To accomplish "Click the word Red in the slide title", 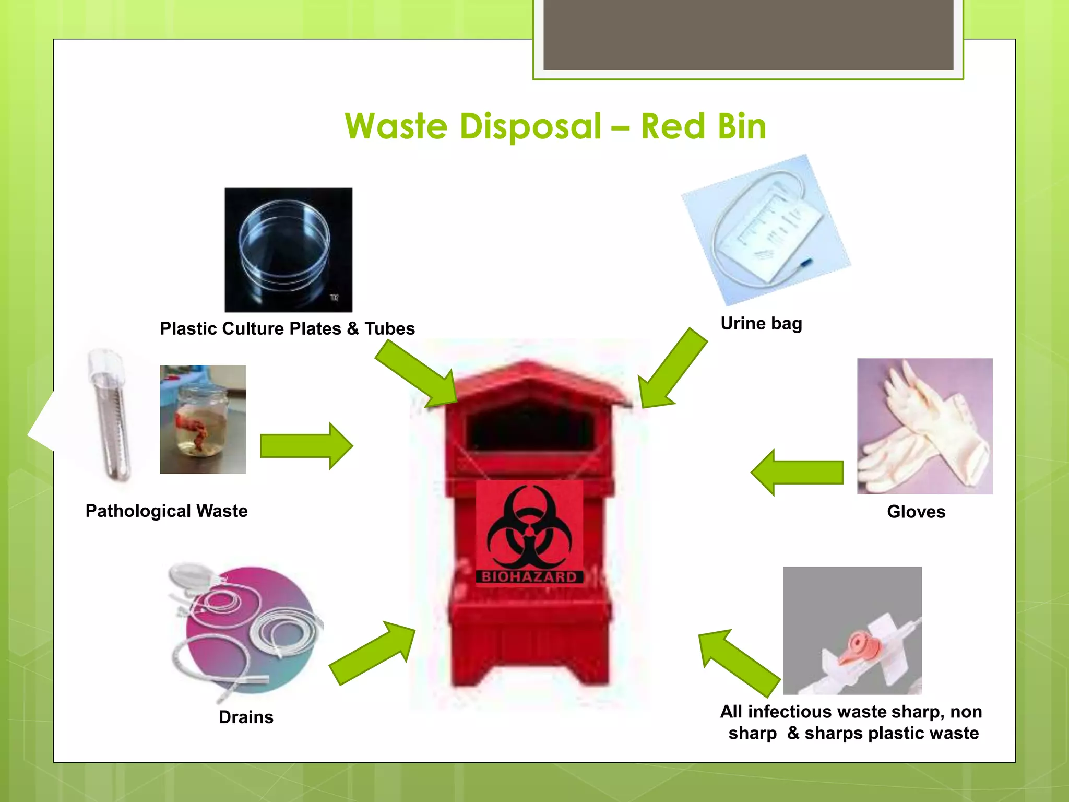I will [673, 127].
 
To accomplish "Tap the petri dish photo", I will [288, 250].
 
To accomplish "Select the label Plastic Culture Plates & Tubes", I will [287, 328].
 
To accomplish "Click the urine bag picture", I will [766, 230].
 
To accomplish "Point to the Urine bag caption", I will [761, 324].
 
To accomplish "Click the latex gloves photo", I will [924, 426].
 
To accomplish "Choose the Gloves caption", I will [916, 512].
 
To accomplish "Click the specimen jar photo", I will [203, 419].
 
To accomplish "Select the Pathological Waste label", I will [167, 511].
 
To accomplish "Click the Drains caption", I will [246, 717].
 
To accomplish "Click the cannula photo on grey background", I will [852, 630].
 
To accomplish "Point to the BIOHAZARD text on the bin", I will [529, 577].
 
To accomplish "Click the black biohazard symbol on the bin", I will [529, 527].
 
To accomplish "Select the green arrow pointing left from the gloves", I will [797, 472].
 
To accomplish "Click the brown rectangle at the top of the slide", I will [748, 34].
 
